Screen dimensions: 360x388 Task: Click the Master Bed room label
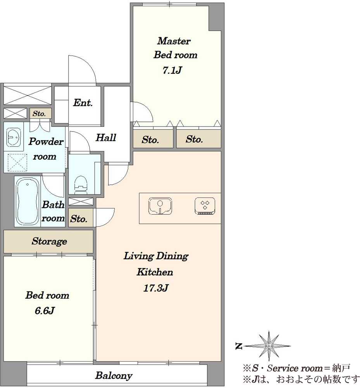(x=175, y=48)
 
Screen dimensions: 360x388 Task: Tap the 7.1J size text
(x=172, y=71)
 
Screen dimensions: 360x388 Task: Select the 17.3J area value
(x=156, y=288)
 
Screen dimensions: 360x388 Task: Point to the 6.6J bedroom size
(x=45, y=310)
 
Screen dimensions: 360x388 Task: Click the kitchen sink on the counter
(x=160, y=206)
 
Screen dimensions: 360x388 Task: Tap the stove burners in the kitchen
(x=205, y=206)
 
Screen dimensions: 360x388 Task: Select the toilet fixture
(x=81, y=185)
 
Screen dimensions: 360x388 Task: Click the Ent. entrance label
(x=83, y=103)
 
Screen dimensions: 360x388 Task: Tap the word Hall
(x=106, y=138)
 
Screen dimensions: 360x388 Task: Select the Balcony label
(x=114, y=376)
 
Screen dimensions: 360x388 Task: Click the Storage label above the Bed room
(x=49, y=241)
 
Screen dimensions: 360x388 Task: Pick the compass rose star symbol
(x=269, y=345)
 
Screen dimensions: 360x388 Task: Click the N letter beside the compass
(x=239, y=346)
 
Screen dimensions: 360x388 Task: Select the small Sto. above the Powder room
(x=39, y=114)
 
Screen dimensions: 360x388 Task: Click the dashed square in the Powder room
(x=17, y=163)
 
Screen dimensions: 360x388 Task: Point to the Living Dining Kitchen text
(x=156, y=264)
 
